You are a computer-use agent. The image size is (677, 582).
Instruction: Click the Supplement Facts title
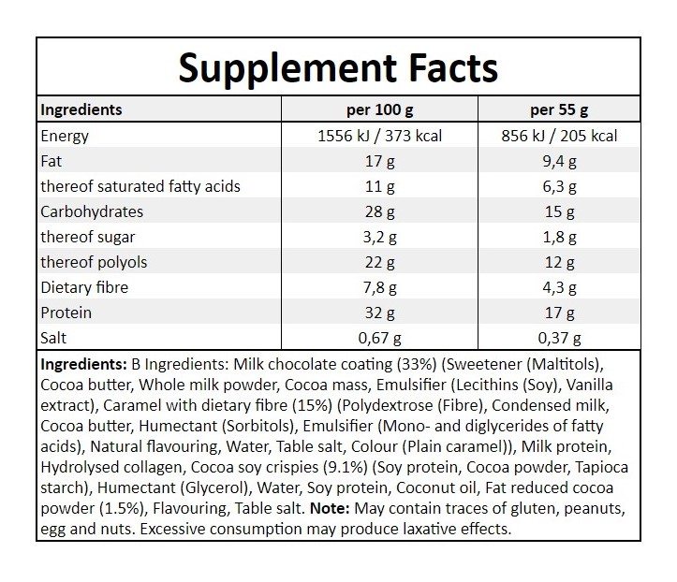click(338, 67)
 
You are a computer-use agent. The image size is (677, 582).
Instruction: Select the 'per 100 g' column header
click(379, 109)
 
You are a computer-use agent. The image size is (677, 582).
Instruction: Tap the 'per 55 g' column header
click(559, 109)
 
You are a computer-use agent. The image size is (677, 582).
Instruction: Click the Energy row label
click(65, 136)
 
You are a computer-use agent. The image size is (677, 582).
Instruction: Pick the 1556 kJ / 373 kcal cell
click(379, 136)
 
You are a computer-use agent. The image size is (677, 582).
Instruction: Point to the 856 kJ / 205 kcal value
click(559, 136)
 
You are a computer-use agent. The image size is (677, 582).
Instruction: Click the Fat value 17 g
click(379, 161)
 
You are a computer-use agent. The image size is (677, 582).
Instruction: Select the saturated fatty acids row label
click(140, 186)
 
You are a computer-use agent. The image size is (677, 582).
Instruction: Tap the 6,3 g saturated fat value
click(559, 186)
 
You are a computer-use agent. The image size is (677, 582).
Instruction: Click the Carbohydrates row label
click(92, 211)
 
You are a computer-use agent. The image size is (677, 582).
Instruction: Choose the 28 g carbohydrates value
click(379, 211)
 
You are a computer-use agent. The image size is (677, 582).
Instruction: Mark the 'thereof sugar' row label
click(86, 237)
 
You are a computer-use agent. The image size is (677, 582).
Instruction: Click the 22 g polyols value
click(379, 262)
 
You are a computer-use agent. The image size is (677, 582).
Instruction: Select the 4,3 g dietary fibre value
click(559, 287)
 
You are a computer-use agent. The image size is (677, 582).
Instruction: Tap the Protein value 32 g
click(379, 313)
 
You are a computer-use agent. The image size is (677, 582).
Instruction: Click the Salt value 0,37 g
click(559, 338)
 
